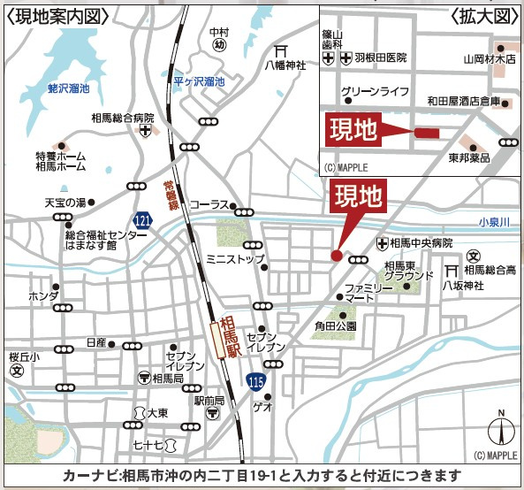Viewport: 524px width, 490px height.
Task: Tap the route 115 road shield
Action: [x=254, y=381]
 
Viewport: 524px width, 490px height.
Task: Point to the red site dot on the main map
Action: [x=336, y=256]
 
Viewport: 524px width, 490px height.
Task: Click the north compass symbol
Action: [x=499, y=431]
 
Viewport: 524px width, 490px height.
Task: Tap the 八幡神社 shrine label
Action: [x=287, y=65]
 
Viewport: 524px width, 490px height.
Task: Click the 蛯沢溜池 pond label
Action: [x=69, y=88]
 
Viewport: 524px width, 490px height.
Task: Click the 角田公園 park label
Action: [x=335, y=325]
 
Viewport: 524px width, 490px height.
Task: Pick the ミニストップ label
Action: [x=235, y=259]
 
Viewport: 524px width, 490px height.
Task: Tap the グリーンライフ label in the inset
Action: [x=375, y=90]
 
